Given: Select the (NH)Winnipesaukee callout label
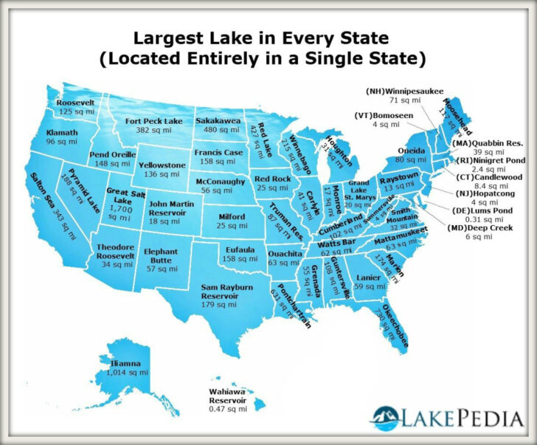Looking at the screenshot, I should (x=404, y=90).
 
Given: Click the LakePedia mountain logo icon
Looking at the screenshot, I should (x=387, y=419).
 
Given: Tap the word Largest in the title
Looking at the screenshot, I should (x=160, y=37).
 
